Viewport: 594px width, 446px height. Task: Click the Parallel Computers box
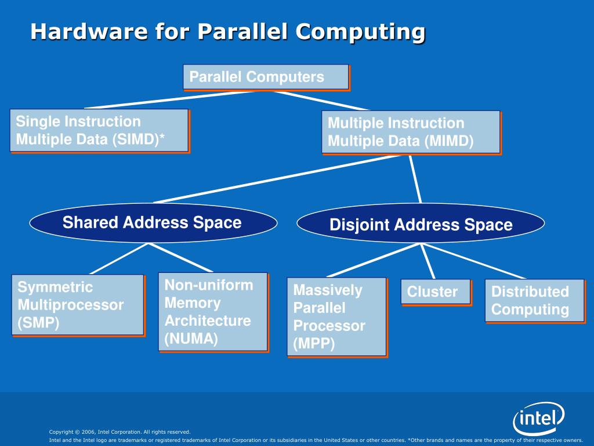[266, 77]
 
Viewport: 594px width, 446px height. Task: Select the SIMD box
[99, 130]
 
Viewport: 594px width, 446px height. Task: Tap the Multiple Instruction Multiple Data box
[410, 132]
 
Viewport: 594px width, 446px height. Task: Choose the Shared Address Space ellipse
[153, 223]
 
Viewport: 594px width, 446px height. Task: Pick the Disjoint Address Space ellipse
[421, 225]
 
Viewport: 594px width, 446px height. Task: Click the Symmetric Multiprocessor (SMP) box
[77, 304]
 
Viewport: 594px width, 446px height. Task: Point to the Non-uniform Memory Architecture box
[212, 311]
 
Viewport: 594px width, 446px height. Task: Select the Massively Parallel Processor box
[336, 316]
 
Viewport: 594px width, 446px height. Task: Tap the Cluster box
[435, 292]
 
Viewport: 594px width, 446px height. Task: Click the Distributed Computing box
[534, 300]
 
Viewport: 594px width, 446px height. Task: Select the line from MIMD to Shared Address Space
[278, 178]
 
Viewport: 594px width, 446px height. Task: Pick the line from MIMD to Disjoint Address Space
[415, 179]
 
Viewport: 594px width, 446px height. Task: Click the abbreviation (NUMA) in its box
[191, 339]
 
